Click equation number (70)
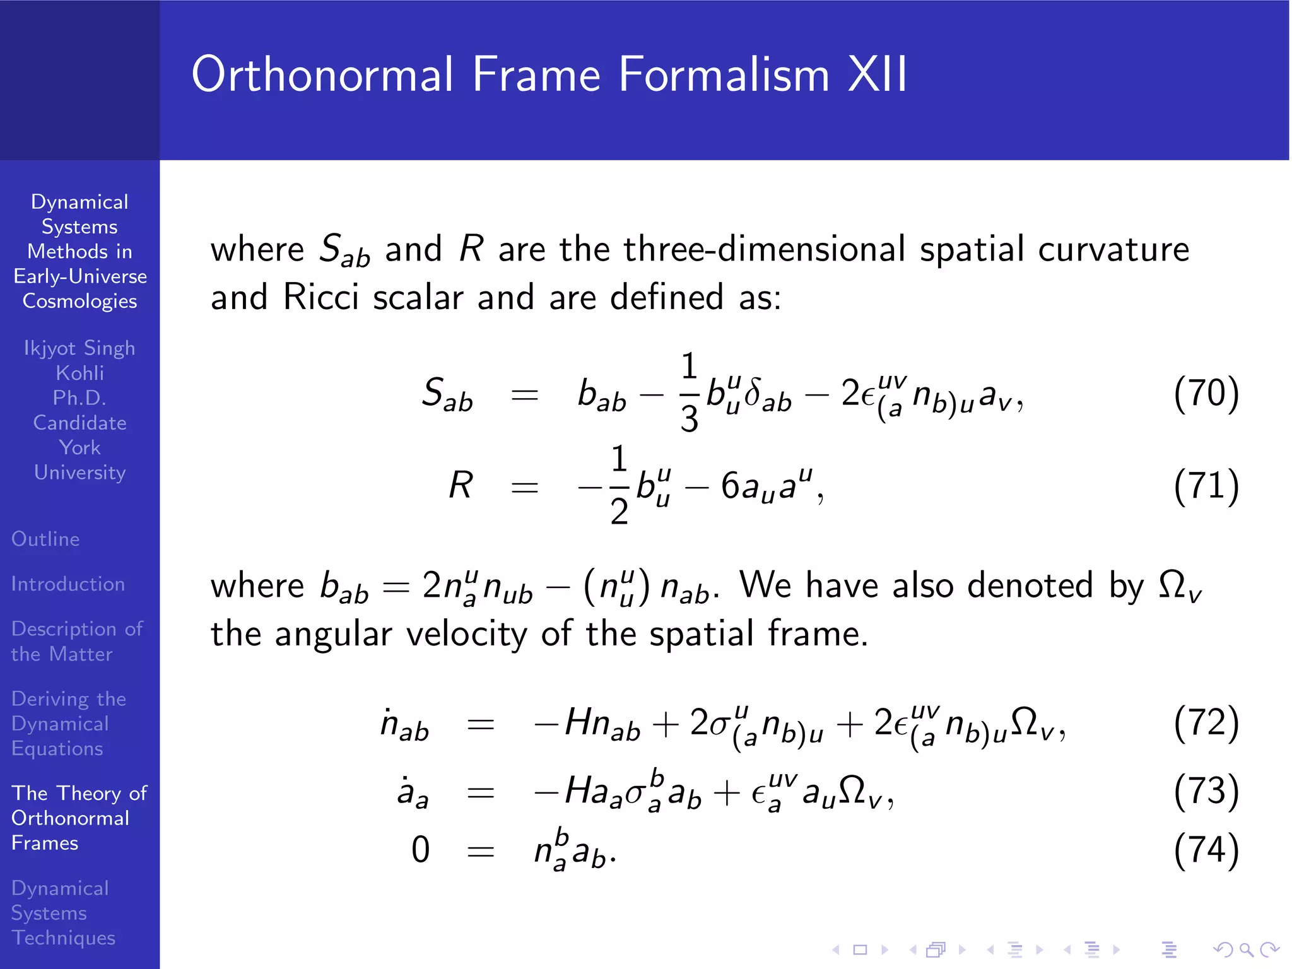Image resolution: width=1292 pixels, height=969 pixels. pyautogui.click(x=1206, y=393)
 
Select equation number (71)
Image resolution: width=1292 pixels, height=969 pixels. pyautogui.click(x=1206, y=486)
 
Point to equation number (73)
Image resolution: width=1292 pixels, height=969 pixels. pyautogui.click(x=1206, y=791)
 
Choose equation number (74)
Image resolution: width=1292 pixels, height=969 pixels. pyautogui.click(x=1206, y=850)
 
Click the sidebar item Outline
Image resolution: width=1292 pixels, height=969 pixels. pyautogui.click(x=45, y=539)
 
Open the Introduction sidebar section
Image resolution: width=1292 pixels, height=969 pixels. pyautogui.click(x=68, y=584)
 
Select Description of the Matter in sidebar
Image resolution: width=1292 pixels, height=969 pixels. pyautogui.click(x=77, y=641)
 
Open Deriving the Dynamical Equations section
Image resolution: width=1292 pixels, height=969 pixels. pyautogui.click(x=69, y=723)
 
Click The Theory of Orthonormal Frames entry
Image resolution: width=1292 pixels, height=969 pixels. pyautogui.click(x=79, y=818)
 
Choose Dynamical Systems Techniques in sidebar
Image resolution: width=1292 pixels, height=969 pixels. pyautogui.click(x=63, y=912)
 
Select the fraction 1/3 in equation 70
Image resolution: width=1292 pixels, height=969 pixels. pyautogui.click(x=689, y=393)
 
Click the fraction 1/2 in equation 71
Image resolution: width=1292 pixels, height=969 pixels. pyautogui.click(x=619, y=486)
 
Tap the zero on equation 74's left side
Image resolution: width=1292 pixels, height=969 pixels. pyautogui.click(x=420, y=850)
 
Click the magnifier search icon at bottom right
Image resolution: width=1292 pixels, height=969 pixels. pyautogui.click(x=1245, y=949)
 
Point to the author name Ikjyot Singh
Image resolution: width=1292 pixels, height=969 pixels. pyautogui.click(x=79, y=348)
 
